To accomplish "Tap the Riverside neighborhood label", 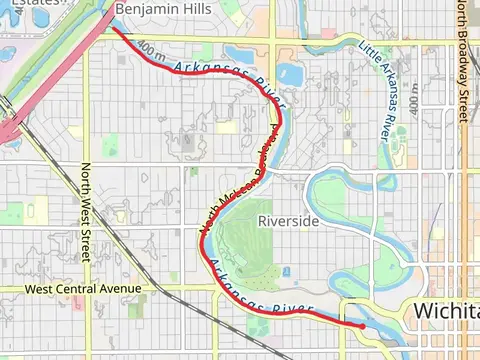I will [x=288, y=220].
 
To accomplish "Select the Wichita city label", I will [x=446, y=310].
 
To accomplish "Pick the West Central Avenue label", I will [x=83, y=289].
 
